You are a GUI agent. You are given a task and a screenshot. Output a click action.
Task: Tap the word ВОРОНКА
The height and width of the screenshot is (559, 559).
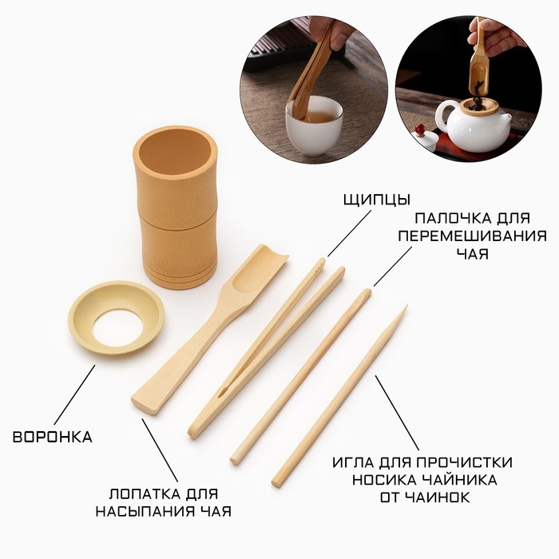(x=53, y=437)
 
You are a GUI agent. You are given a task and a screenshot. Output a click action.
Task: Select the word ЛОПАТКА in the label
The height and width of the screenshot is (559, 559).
(x=141, y=494)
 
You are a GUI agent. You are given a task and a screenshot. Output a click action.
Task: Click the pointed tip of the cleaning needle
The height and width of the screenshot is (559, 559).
(x=404, y=309)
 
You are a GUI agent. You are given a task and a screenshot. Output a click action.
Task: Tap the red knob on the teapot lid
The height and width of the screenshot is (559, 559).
(x=420, y=128)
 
